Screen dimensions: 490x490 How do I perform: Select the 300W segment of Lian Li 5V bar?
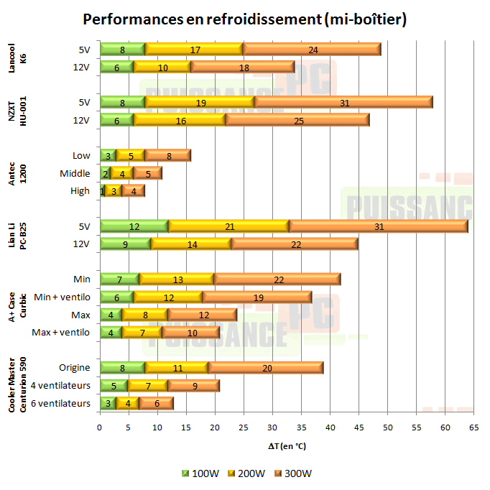pyautogui.click(x=379, y=226)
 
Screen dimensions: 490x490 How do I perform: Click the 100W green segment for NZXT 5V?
pyautogui.click(x=122, y=103)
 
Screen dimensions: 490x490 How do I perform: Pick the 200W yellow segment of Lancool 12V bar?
pyautogui.click(x=162, y=67)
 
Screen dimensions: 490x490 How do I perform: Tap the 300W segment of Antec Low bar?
pyautogui.click(x=167, y=155)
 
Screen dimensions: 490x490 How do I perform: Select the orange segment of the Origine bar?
pyautogui.click(x=266, y=367)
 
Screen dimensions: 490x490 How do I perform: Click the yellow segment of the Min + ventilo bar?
pyautogui.click(x=168, y=297)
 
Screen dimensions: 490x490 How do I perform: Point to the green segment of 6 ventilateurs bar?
pyautogui.click(x=108, y=403)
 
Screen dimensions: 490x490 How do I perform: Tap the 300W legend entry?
pyautogui.click(x=295, y=473)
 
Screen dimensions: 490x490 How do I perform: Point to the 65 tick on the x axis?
pyautogui.click(x=473, y=427)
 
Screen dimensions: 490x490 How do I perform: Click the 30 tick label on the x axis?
pyautogui.click(x=272, y=427)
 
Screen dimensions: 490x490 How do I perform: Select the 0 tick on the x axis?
pyautogui.click(x=100, y=427)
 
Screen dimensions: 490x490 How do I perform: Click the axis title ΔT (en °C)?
pyautogui.click(x=287, y=446)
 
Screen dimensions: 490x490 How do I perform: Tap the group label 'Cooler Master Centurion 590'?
pyautogui.click(x=18, y=385)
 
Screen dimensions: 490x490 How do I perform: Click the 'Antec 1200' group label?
pyautogui.click(x=18, y=173)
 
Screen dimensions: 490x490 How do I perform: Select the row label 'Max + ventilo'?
pyautogui.click(x=61, y=332)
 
